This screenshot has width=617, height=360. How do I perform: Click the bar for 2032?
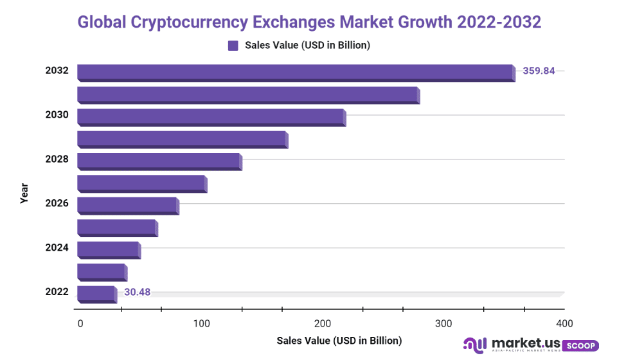pos(296,72)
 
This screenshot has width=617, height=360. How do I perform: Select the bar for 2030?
pos(211,116)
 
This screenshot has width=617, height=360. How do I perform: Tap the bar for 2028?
pos(159,161)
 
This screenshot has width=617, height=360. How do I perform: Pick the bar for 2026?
pos(127,205)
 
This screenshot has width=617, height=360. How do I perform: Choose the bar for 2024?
pos(108,249)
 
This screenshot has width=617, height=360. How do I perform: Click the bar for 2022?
pos(96,294)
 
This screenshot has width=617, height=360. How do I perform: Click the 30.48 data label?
pos(137,292)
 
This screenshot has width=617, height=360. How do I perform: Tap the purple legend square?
pos(233,45)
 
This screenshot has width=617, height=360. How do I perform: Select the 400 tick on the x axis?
pos(564,323)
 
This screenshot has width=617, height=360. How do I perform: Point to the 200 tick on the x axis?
pos(323,323)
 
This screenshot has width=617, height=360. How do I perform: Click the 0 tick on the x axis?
pos(80,323)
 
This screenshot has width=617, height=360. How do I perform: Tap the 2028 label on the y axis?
pos(57,158)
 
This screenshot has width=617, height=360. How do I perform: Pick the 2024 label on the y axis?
pos(57,247)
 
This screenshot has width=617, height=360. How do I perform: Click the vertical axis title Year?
pos(24,193)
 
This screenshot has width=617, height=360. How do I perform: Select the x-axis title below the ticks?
pos(339,340)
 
